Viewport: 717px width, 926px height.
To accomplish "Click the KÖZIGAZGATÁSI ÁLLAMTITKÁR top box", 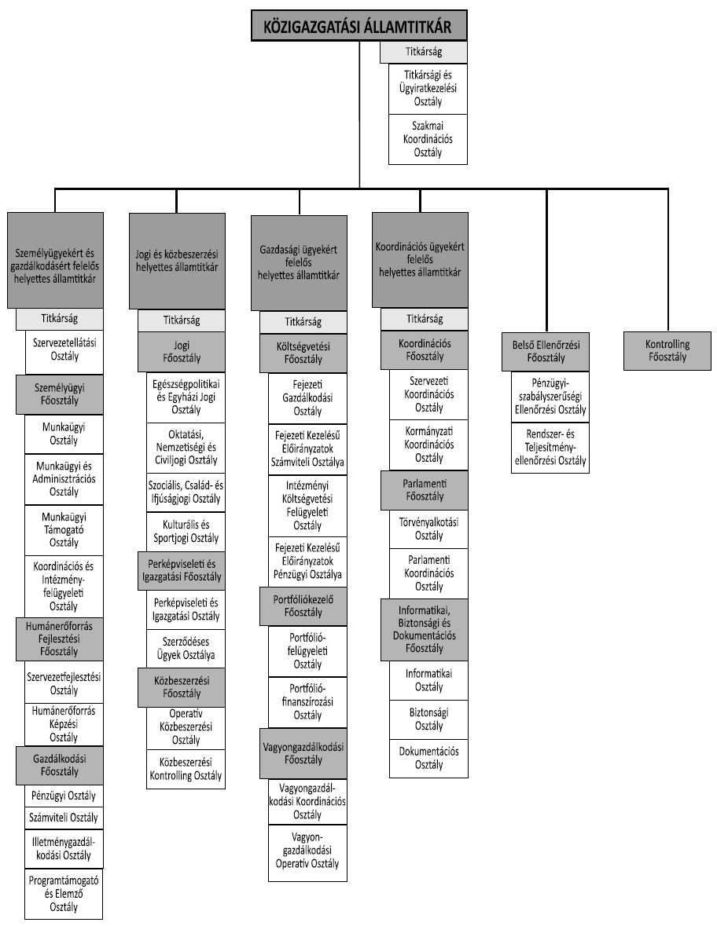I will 358,25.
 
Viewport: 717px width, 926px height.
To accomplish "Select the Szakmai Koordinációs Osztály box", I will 428,138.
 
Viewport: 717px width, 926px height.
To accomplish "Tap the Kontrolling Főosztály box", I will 667,350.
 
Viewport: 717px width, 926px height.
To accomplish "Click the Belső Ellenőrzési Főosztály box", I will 545,350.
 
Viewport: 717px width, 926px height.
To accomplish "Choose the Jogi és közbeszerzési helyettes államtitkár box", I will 177,260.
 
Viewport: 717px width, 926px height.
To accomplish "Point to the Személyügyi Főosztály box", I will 59,393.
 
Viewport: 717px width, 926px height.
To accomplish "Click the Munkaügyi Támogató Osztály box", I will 64,529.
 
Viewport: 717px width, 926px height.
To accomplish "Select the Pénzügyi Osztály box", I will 64,796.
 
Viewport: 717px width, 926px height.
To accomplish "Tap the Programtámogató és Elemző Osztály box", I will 64,893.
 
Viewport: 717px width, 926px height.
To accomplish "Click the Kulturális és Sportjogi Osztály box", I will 186,531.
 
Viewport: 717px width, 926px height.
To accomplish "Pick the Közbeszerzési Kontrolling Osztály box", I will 186,770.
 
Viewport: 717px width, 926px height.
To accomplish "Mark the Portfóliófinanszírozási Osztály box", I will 307,702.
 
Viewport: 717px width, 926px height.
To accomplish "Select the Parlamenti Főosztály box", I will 425,489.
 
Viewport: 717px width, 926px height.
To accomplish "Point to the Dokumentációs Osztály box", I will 428,758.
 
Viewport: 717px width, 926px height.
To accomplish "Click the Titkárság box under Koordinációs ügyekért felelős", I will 425,319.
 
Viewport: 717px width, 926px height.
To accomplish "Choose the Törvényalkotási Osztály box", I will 428,529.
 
